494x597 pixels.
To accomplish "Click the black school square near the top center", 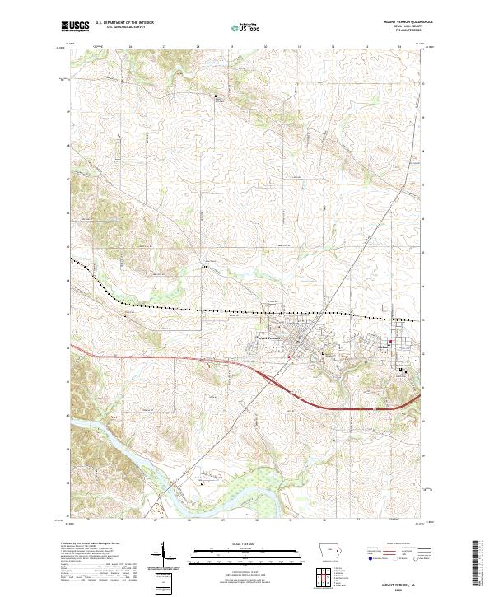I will click(x=217, y=97).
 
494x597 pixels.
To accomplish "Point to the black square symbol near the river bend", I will click(x=203, y=483).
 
